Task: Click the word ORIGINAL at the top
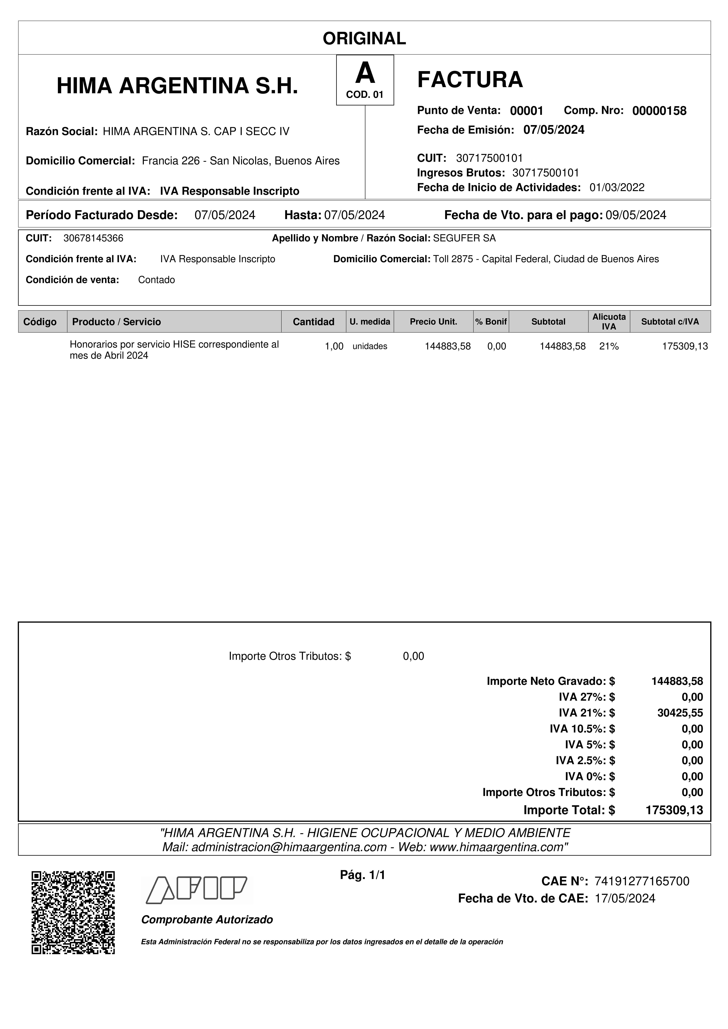pos(364,39)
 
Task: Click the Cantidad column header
pos(314,322)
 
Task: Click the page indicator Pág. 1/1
pos(362,875)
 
